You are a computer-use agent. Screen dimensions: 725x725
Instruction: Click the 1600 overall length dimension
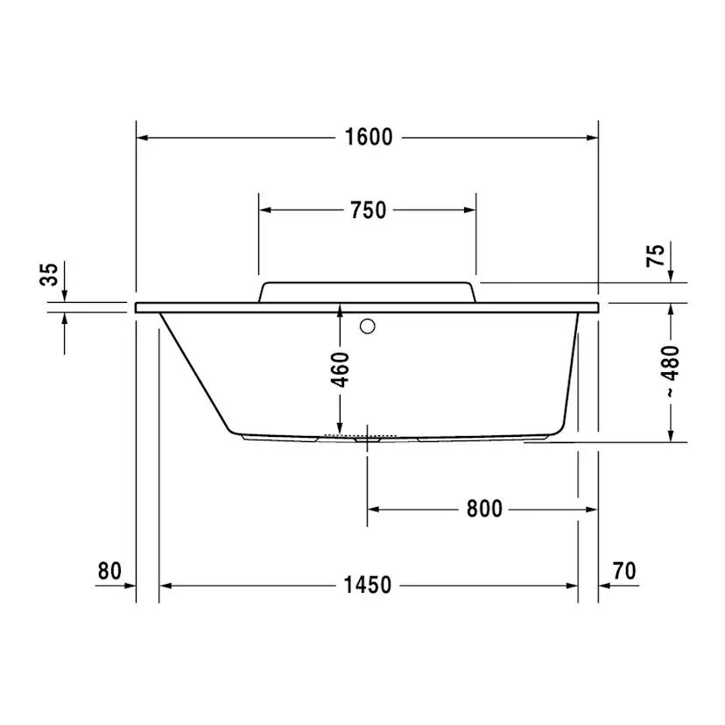pos(369,137)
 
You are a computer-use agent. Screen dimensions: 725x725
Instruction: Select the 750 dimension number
pos(368,210)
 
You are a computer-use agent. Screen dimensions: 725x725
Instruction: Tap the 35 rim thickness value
pos(49,274)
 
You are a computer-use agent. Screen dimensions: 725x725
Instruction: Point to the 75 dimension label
pos(655,255)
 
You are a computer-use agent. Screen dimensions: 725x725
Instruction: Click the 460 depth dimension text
pos(341,370)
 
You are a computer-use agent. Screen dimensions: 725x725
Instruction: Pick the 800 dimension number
pos(484,509)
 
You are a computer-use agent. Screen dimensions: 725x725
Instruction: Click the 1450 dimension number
pos(368,585)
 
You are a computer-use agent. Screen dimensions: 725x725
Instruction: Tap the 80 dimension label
pos(109,571)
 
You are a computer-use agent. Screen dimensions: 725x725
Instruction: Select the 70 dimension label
pos(624,571)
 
